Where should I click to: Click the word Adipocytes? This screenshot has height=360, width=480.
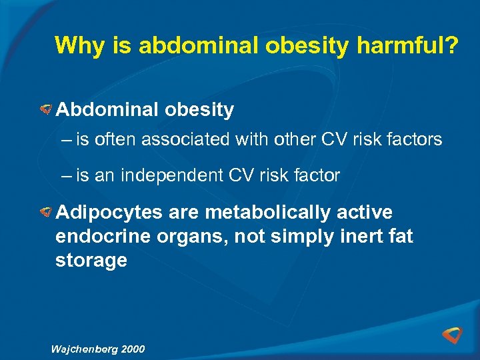click(109, 213)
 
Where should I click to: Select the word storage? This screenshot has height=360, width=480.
click(91, 261)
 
